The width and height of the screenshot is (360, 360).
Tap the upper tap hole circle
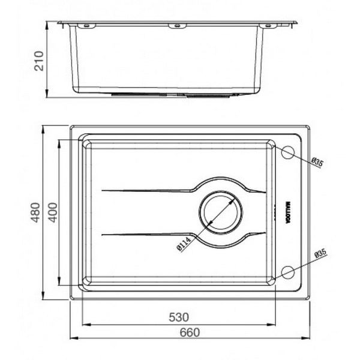(x=287, y=152)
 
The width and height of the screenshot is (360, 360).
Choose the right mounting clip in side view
(x=266, y=26)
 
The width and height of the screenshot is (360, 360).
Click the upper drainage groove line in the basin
(x=144, y=191)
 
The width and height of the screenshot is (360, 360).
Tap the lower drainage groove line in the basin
(x=144, y=233)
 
